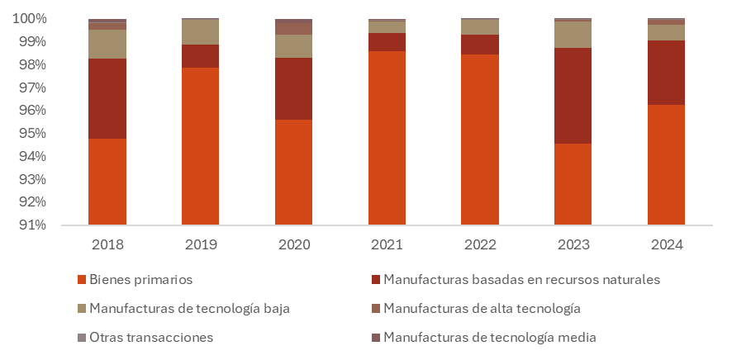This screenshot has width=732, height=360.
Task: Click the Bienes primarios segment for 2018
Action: click(107, 182)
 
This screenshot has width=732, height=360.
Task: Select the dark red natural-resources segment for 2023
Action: click(573, 96)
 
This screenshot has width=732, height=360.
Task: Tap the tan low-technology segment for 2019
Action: click(201, 31)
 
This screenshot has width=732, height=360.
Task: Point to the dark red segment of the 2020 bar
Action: click(293, 88)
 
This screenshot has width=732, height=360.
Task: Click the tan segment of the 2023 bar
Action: click(573, 35)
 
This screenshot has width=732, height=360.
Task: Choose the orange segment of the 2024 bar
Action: click(666, 164)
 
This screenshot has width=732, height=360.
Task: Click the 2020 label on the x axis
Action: click(293, 245)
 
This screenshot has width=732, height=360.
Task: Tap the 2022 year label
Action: click(480, 245)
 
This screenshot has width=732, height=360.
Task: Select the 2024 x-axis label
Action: click(666, 245)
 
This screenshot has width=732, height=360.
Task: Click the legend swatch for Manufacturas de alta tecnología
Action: click(375, 309)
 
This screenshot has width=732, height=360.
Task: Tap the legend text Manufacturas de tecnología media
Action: click(489, 338)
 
